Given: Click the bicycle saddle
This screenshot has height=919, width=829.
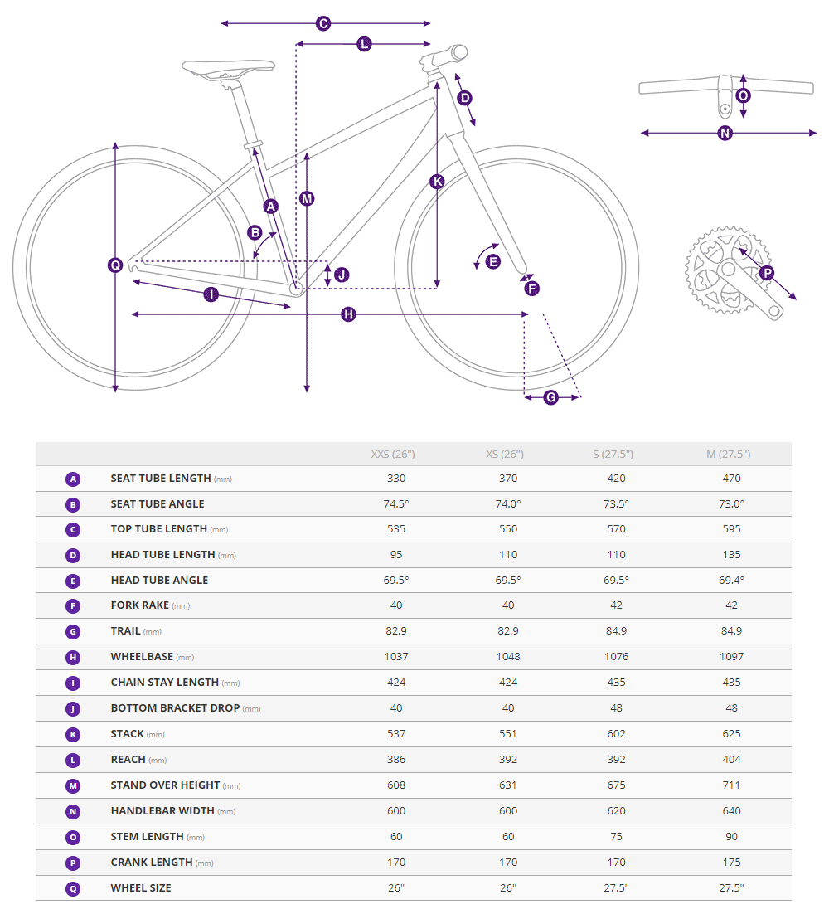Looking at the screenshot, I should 228,67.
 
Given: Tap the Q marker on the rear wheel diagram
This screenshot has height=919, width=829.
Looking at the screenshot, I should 115,265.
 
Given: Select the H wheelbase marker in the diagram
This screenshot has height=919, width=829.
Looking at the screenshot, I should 348,314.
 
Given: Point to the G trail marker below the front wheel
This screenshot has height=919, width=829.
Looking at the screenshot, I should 551,397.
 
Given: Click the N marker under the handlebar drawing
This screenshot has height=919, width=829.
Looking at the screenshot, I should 725,133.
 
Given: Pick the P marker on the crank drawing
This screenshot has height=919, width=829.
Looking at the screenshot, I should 767,272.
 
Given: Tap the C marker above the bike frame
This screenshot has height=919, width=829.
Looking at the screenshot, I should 323,23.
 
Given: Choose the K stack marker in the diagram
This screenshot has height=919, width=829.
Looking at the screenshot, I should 437,181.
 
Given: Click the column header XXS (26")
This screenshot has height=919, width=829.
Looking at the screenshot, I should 393,455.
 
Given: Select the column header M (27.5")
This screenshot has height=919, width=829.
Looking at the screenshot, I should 728,455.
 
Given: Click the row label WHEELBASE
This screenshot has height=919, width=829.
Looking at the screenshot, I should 142,657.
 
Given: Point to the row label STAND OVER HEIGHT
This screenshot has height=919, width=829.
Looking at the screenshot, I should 165,785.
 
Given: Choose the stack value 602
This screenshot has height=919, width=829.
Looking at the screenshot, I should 617,734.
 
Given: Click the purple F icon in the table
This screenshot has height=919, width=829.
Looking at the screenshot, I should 73,606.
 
